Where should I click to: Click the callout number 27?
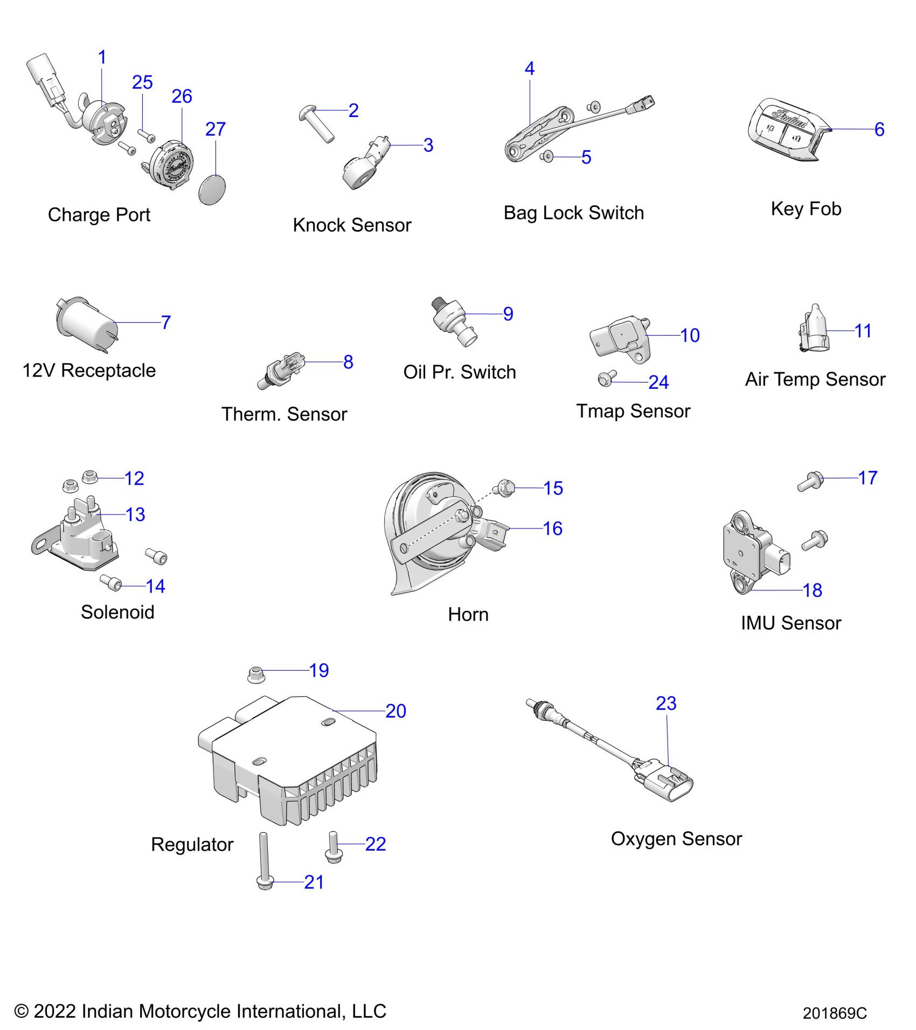pyautogui.click(x=215, y=129)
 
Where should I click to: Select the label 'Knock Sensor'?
pyautogui.click(x=352, y=225)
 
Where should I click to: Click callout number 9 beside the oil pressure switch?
pyautogui.click(x=508, y=314)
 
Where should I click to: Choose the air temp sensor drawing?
pyautogui.click(x=814, y=328)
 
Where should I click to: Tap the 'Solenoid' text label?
pyautogui.click(x=117, y=612)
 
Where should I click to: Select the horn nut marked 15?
pyautogui.click(x=505, y=488)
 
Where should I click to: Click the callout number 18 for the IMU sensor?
pyautogui.click(x=812, y=590)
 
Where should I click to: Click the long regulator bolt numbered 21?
pyautogui.click(x=265, y=861)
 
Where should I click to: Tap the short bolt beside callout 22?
pyautogui.click(x=334, y=847)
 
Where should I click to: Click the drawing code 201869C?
pyautogui.click(x=834, y=1013)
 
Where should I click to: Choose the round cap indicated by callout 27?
pyautogui.click(x=212, y=190)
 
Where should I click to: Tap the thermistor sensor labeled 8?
pyautogui.click(x=281, y=370)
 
